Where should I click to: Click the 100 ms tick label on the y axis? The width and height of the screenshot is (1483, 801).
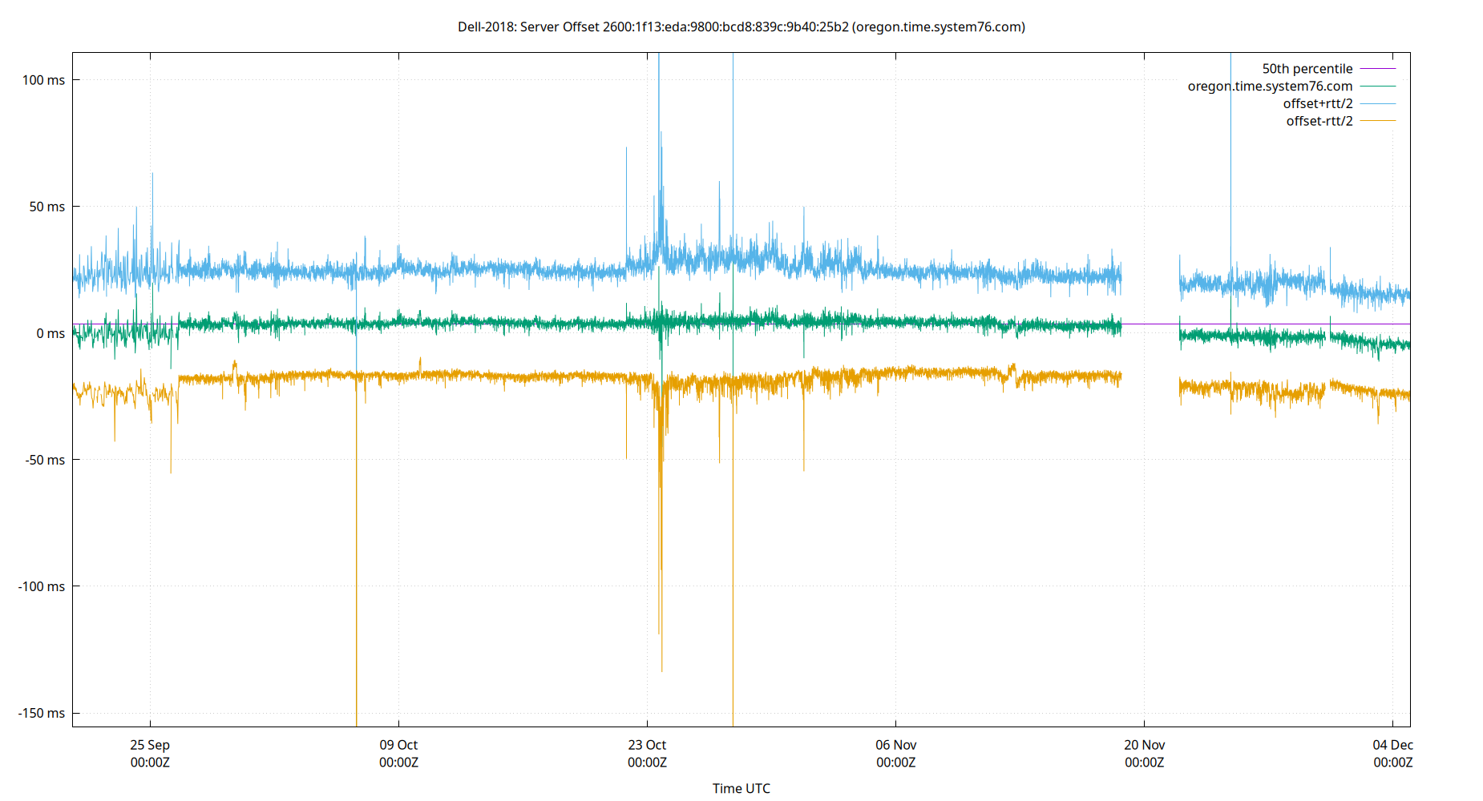[43, 80]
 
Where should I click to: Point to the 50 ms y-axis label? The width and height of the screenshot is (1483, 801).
[46, 207]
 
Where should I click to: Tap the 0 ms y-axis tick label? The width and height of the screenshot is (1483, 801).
[50, 333]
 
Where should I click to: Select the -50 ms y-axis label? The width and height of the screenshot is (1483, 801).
[45, 460]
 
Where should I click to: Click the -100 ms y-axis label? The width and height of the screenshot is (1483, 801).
[42, 586]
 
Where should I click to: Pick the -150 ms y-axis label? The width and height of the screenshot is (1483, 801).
[42, 713]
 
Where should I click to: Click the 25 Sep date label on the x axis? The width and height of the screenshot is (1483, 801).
[150, 745]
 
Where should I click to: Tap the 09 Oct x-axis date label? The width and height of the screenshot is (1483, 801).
[398, 745]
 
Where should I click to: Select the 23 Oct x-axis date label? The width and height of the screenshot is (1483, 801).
[647, 745]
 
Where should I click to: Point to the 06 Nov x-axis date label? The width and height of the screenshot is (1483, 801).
[895, 745]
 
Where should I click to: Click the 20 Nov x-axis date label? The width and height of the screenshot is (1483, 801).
[1144, 745]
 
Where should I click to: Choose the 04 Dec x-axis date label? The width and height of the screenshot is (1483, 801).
[1392, 745]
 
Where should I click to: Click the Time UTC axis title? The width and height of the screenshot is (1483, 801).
[741, 788]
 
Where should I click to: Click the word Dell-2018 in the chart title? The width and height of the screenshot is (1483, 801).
[486, 27]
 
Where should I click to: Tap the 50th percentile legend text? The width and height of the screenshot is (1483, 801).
[1307, 69]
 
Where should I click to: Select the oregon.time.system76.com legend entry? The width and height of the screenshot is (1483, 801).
[1270, 87]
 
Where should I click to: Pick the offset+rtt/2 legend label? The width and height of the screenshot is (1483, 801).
[1317, 104]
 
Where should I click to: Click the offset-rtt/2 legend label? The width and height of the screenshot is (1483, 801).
[1319, 122]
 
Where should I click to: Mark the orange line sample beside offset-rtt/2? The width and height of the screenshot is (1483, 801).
[1377, 122]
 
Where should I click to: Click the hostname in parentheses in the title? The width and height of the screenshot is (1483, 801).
[939, 27]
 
